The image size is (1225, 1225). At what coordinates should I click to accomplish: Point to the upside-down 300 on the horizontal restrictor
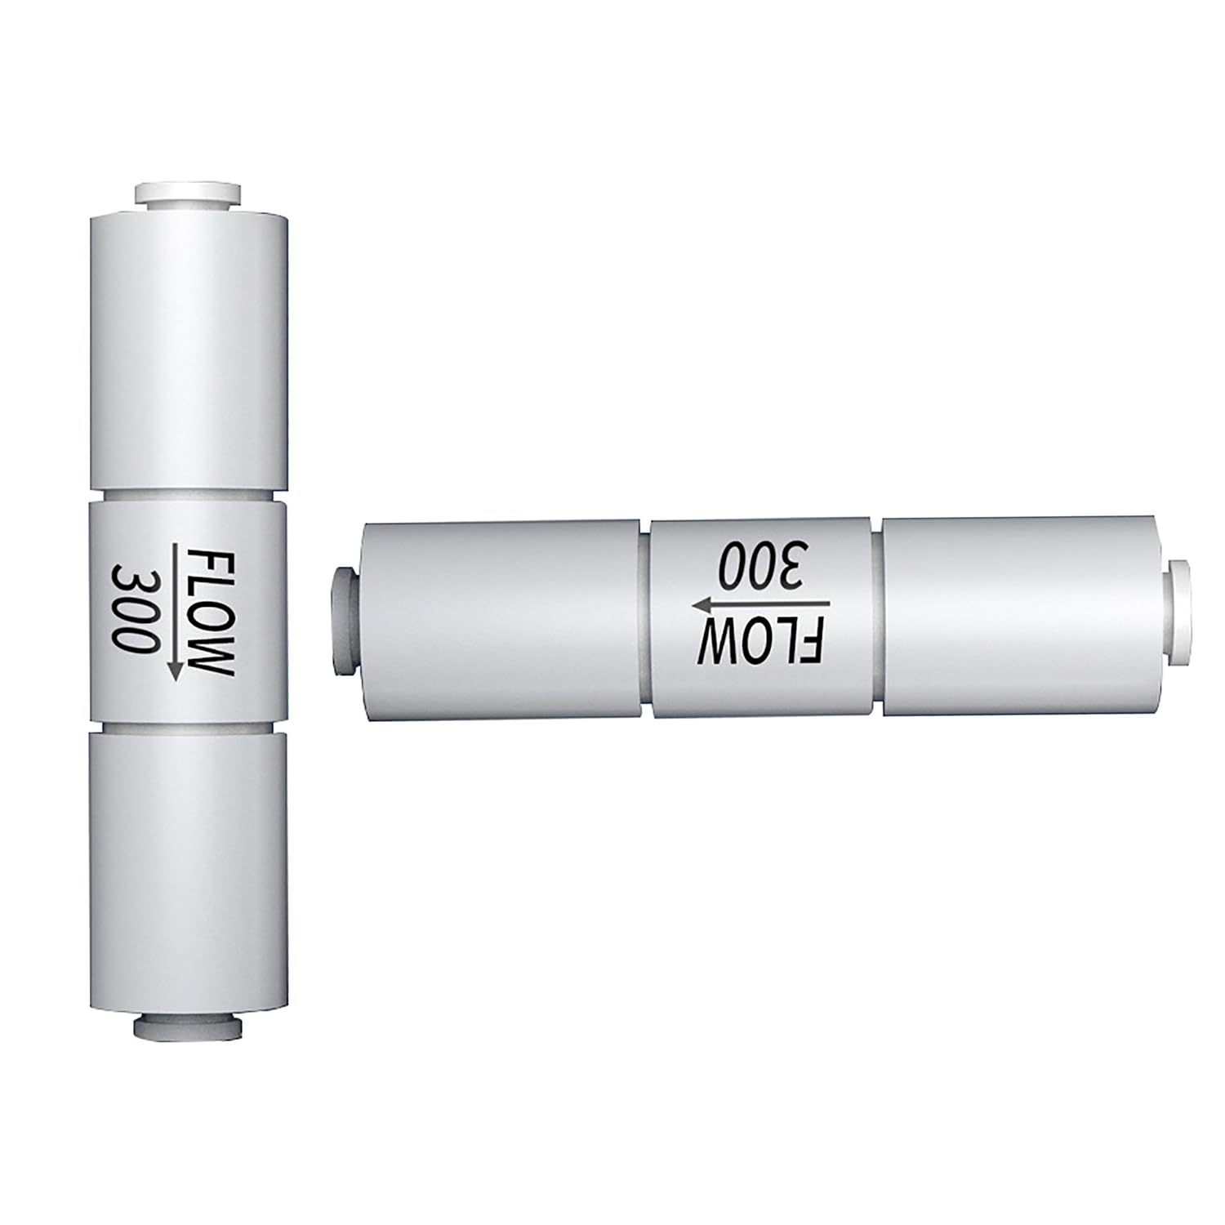(759, 564)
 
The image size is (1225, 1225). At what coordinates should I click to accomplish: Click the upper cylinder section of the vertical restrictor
(187, 351)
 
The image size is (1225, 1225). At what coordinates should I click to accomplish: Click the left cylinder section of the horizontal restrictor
(498, 621)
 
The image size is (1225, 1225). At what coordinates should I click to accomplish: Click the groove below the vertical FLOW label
(187, 727)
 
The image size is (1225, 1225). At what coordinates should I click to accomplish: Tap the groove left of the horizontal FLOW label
(645, 621)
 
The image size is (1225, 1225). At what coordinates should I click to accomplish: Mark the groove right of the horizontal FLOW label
(876, 617)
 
